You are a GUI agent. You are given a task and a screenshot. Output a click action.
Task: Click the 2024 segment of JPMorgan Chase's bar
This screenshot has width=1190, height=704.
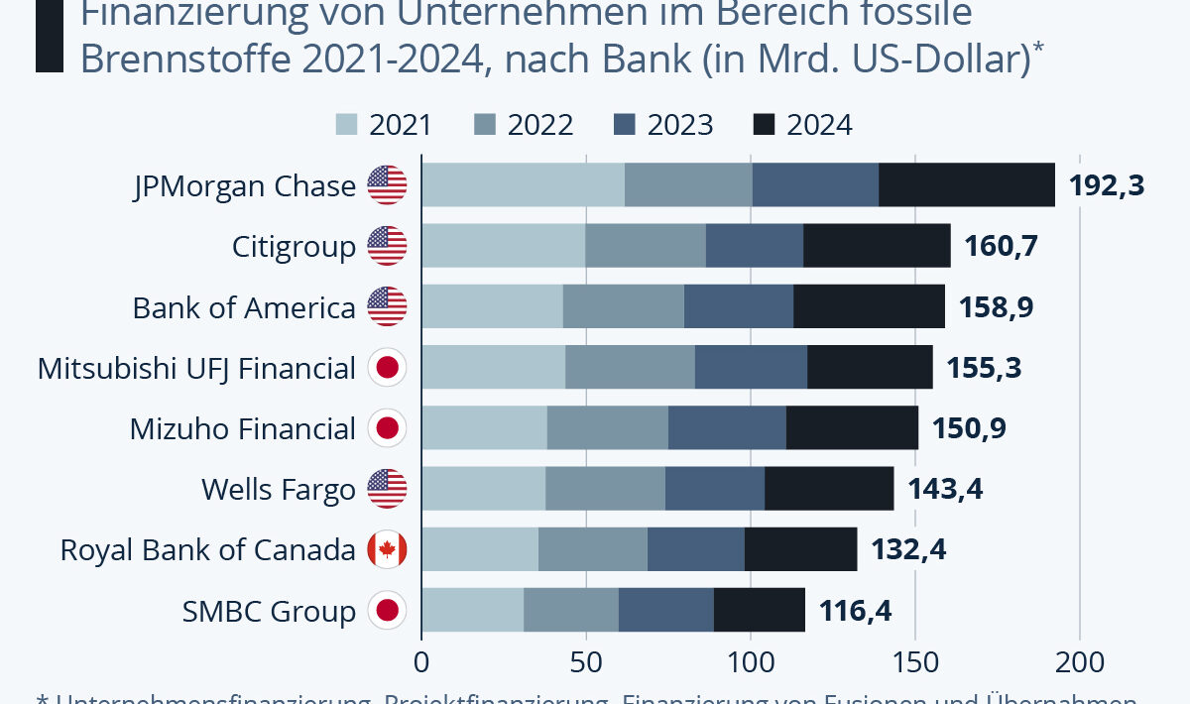(967, 185)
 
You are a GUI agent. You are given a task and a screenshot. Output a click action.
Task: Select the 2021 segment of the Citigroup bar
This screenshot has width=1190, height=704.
(503, 246)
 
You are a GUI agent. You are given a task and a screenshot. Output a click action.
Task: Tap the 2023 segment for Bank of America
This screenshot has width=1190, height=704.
(738, 307)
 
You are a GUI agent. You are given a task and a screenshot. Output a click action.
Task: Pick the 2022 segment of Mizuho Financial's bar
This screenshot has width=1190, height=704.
(607, 428)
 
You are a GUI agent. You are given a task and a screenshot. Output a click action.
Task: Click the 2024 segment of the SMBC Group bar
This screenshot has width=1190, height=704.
(759, 610)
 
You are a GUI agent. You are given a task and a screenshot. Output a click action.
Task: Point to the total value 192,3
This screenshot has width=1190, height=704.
(1106, 185)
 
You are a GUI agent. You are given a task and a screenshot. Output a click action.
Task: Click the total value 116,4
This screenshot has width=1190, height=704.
(855, 610)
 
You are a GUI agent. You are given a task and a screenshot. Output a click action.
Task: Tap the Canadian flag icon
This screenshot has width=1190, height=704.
(387, 549)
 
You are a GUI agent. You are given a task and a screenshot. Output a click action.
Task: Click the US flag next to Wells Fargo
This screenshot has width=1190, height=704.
(387, 489)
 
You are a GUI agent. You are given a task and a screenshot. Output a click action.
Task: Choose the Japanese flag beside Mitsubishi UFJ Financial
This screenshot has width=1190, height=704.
(387, 369)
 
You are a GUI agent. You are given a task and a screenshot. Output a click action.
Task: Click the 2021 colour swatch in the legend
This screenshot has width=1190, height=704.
(347, 125)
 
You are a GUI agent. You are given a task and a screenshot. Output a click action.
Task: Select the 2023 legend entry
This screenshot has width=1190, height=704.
(663, 125)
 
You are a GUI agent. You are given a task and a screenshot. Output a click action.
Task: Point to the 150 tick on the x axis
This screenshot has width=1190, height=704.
(914, 660)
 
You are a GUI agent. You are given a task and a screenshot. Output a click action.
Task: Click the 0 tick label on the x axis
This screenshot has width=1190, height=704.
(421, 660)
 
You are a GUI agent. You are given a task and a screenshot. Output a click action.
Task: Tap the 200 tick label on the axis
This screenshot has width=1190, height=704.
(1079, 660)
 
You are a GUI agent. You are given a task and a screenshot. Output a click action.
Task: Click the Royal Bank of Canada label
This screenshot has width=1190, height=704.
(207, 549)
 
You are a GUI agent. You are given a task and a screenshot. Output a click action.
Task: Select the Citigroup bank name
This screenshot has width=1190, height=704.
(294, 246)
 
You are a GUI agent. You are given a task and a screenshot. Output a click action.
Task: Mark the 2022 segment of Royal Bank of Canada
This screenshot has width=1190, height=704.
(592, 549)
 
